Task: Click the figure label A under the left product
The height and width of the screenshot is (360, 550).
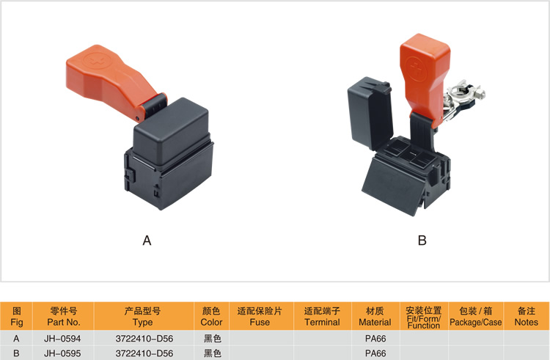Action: [x=147, y=240]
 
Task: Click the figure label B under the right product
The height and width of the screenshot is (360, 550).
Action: [x=422, y=240]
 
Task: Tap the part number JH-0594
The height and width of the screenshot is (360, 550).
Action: [x=62, y=339]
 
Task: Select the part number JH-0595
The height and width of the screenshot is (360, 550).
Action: [x=62, y=353]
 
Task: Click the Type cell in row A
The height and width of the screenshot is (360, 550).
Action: [x=144, y=339]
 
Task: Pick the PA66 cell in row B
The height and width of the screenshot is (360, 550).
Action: [x=375, y=353]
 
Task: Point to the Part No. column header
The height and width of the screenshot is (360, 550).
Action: [x=64, y=316]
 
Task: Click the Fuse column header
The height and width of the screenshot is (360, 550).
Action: [x=260, y=316]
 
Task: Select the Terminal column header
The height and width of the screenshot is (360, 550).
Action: [x=322, y=316]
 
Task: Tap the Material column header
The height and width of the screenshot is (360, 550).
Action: [x=375, y=316]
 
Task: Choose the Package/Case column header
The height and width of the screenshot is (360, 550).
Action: [x=476, y=316]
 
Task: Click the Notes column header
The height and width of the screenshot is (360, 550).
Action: [x=526, y=316]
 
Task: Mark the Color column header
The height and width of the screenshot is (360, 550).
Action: [x=211, y=316]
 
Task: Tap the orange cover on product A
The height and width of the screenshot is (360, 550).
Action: [x=112, y=81]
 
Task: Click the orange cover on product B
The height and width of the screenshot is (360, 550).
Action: [x=425, y=77]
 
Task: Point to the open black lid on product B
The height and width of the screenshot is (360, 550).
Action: [x=370, y=112]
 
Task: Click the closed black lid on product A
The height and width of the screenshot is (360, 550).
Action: [x=172, y=131]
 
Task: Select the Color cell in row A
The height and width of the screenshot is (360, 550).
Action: [x=212, y=339]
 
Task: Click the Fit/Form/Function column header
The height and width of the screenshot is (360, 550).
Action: [x=424, y=317]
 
